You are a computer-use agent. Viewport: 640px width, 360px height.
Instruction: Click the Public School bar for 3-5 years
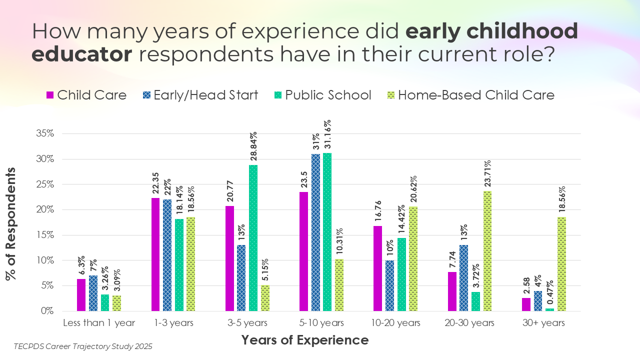pyautogui.click(x=253, y=238)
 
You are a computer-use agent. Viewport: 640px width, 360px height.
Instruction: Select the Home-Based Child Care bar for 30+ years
pyautogui.click(x=561, y=264)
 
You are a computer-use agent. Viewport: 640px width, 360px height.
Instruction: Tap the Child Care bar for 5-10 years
pyautogui.click(x=303, y=251)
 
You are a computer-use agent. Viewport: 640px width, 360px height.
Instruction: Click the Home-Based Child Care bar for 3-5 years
pyautogui.click(x=265, y=298)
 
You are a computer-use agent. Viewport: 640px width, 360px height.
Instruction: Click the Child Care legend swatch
pyautogui.click(x=50, y=95)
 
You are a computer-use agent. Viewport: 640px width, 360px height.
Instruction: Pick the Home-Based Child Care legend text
pyautogui.click(x=476, y=95)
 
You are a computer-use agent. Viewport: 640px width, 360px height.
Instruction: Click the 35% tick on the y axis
pyautogui.click(x=45, y=134)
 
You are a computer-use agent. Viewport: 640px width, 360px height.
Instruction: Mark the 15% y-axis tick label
pyautogui.click(x=45, y=235)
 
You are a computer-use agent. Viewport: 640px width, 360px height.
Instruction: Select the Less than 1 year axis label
pyautogui.click(x=99, y=323)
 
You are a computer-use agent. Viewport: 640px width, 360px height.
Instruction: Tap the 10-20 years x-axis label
pyautogui.click(x=395, y=323)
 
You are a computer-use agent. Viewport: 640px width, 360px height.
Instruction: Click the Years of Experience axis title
pyautogui.click(x=305, y=340)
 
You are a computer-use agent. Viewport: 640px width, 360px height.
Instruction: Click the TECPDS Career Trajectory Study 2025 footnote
pyautogui.click(x=83, y=346)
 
